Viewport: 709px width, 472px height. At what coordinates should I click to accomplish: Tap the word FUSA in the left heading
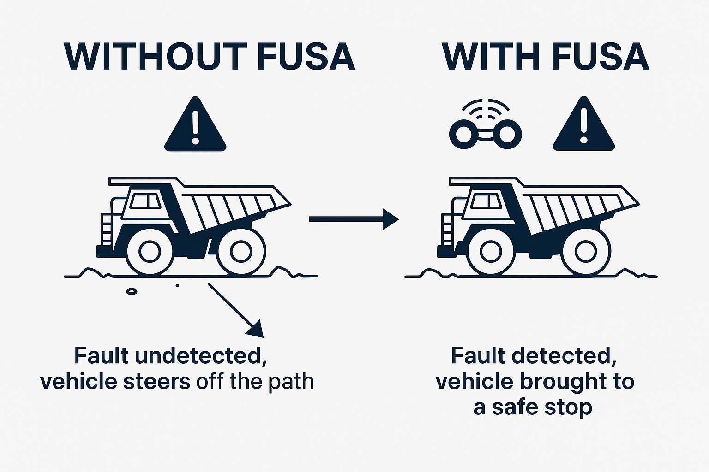point(306,57)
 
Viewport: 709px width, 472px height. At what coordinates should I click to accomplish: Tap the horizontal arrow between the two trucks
point(353,219)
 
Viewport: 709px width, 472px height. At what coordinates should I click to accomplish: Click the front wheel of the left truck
point(149,251)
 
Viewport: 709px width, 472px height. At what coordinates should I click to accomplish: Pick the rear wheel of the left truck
point(241,251)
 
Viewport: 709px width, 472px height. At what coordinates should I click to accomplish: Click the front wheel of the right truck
point(490,251)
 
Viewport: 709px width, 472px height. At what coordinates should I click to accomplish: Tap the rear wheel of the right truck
point(586,251)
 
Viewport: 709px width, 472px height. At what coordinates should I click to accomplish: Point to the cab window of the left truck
point(145,201)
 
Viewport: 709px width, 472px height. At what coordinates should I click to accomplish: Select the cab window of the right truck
point(487,201)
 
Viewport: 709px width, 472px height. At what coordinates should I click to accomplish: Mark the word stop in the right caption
point(572,407)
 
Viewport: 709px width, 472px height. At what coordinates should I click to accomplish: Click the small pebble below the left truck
point(132,291)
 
